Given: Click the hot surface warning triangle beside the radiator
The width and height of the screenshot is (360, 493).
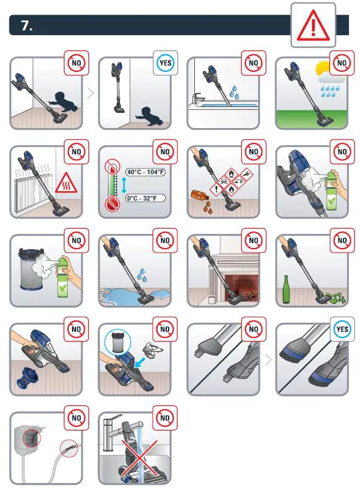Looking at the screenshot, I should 66,187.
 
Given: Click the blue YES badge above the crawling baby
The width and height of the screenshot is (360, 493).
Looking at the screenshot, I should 166,63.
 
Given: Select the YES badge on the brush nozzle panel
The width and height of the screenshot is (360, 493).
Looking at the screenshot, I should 342,329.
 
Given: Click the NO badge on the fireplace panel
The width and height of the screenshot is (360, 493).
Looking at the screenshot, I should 253,240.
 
